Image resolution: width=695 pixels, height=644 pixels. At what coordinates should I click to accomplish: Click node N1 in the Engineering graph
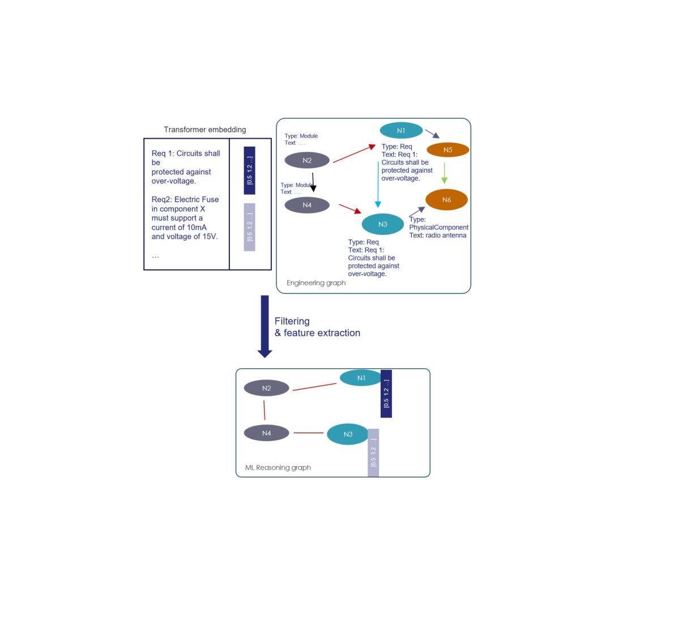coord(401,130)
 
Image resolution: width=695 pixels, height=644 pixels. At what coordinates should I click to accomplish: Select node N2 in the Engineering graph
coord(307,160)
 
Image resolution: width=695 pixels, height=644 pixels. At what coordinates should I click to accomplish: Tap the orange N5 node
coord(447,150)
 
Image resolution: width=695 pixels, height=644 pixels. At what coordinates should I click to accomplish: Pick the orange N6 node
coord(446,199)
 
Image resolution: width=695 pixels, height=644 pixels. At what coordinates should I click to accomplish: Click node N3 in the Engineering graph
coord(382,224)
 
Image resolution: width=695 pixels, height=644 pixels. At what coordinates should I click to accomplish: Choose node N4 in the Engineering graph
coord(307,205)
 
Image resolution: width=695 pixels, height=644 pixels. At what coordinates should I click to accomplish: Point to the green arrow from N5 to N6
coord(444,173)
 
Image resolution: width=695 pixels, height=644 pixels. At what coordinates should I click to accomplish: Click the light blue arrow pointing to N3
coord(378,185)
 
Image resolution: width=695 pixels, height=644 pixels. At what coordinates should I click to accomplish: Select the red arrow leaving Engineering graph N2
coord(354,153)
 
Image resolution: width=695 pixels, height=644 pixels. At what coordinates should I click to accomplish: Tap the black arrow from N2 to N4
coord(313,182)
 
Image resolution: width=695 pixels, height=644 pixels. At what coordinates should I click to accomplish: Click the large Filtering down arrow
coord(265,326)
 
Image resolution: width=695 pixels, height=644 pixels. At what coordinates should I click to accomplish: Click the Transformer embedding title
coord(204,130)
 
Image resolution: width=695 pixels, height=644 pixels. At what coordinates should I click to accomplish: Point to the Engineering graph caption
coord(316,283)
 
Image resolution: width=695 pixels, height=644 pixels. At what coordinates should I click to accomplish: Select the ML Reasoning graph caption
coord(278,467)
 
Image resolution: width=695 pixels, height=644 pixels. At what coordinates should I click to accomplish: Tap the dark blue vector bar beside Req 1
coord(249,170)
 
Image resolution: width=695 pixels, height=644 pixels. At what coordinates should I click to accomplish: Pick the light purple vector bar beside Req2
coord(249,227)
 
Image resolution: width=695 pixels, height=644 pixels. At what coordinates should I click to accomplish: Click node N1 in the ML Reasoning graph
coord(361,378)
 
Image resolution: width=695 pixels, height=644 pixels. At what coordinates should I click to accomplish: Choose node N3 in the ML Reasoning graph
coord(348,434)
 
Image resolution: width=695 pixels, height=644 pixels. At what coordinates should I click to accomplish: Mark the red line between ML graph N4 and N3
coord(308,433)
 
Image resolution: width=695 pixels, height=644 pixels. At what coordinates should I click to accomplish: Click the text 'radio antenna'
coord(446,235)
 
